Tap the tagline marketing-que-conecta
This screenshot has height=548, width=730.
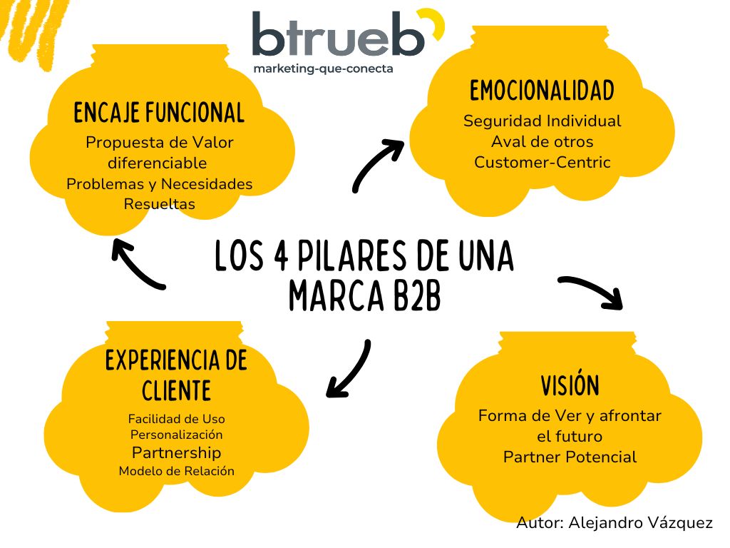(x=323, y=69)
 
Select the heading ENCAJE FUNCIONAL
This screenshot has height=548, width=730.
(x=159, y=113)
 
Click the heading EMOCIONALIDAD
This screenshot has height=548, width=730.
(x=542, y=91)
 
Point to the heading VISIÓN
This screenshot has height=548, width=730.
(x=570, y=386)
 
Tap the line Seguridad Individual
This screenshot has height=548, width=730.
(x=542, y=121)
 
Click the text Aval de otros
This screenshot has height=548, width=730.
(x=542, y=141)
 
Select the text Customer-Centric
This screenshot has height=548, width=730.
(x=542, y=162)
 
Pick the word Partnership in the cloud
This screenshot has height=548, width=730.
(x=176, y=452)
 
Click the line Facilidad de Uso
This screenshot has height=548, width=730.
(x=176, y=419)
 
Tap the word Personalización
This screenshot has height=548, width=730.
(x=176, y=435)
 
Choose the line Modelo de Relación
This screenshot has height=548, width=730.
(x=176, y=471)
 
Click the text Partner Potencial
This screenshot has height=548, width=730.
(x=570, y=457)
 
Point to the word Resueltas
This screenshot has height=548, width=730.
(x=159, y=204)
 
